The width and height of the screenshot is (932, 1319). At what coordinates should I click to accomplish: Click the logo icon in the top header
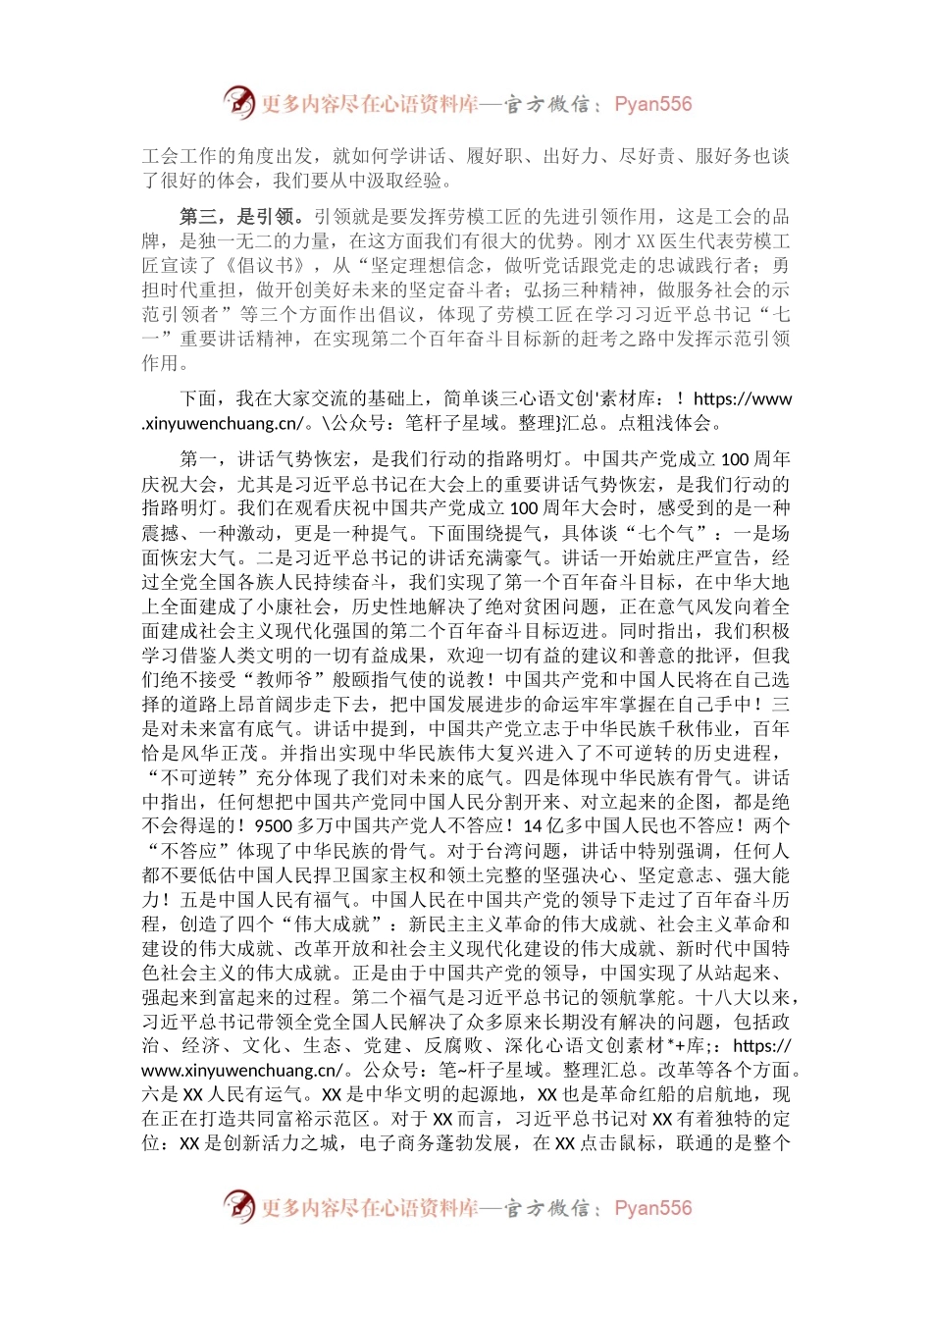point(238,102)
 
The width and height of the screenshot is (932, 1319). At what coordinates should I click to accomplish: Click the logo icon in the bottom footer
point(238,1206)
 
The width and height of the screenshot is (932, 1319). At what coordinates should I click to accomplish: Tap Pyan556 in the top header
point(652,104)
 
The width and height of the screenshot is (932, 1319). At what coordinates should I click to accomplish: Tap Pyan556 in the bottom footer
point(652,1208)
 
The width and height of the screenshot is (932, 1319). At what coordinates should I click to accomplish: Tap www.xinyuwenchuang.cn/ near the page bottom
point(242,1071)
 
